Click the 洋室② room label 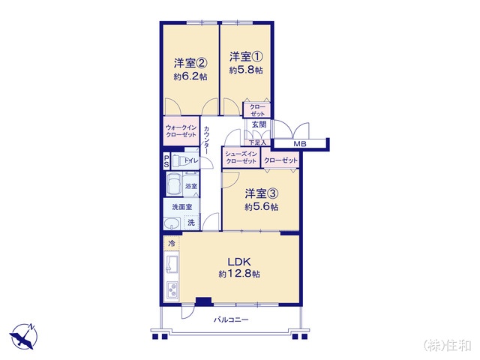click(190, 63)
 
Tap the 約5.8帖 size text click(246, 70)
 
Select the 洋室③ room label click(262, 193)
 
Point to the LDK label click(239, 262)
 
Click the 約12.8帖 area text click(239, 274)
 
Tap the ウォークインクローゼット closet click(181, 131)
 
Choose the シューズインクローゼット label click(241, 157)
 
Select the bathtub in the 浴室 click(174, 184)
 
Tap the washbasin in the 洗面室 click(172, 223)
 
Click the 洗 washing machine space click(191, 223)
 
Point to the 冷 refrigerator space click(172, 243)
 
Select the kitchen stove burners click(172, 289)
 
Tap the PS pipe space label click(166, 161)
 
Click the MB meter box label click(300, 143)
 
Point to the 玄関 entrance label click(259, 124)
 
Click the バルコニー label click(231, 320)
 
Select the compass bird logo click(23, 336)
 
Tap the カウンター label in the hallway click(207, 140)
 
